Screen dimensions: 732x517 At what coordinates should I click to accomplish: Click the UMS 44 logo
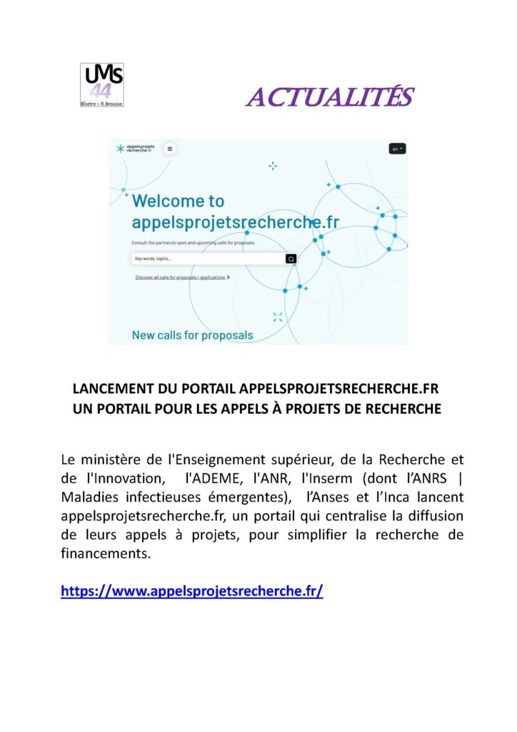coord(101,83)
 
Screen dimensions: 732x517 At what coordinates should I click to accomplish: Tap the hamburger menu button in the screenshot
coord(170,149)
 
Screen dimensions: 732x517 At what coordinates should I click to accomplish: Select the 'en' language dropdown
coord(397,149)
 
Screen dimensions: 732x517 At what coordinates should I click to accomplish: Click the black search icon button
coord(291,259)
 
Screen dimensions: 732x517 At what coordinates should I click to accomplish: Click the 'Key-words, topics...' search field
coord(207,259)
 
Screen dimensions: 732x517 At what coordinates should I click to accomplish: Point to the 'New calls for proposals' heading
coord(192,335)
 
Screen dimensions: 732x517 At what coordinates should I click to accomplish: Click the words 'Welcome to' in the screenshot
coord(178,201)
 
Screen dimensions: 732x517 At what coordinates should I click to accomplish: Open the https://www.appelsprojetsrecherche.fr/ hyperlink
coord(192,591)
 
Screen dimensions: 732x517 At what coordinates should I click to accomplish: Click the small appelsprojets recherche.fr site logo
coord(136,148)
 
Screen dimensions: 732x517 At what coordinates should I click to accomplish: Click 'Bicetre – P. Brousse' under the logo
coord(101,103)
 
